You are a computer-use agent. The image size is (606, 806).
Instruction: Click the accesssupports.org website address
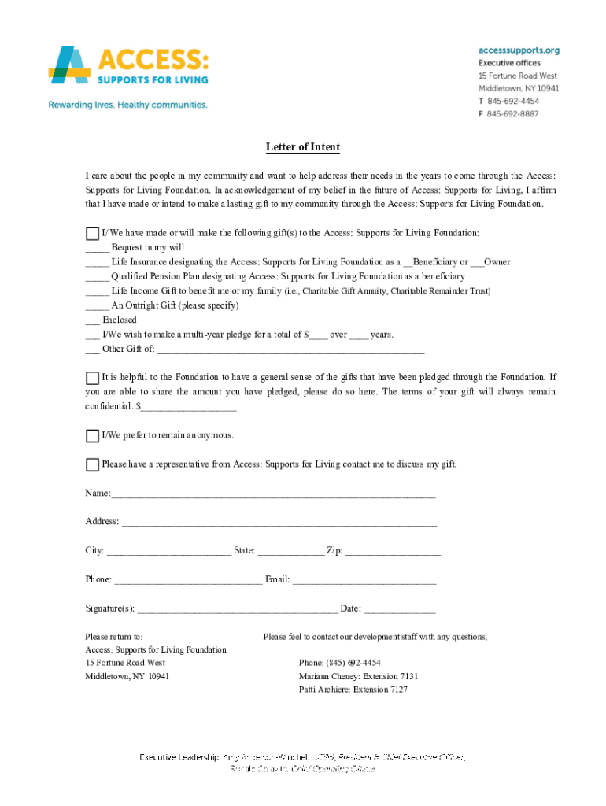519,50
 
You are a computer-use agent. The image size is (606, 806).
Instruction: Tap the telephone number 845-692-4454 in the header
512,102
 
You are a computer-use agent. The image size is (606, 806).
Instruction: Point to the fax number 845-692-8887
512,114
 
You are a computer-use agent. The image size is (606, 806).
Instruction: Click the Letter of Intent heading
302,148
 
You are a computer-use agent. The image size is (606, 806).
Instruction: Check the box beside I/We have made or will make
93,234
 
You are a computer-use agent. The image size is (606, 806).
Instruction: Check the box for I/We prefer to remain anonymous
93,436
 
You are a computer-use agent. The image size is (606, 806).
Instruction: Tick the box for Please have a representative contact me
93,464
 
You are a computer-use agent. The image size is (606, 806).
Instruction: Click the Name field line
273,494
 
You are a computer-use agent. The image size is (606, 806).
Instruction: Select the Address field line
279,523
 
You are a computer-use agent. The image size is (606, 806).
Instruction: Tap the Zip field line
393,552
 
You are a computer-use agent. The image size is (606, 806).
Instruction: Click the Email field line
364,581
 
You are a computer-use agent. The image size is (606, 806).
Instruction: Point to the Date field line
399,610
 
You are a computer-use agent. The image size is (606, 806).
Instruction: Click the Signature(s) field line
237,610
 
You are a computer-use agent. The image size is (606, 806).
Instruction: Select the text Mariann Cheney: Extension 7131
358,676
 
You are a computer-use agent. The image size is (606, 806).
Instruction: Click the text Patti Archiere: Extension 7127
353,690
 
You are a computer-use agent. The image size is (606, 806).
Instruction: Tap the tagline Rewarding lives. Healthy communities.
128,105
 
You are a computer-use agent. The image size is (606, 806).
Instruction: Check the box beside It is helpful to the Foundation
93,378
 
